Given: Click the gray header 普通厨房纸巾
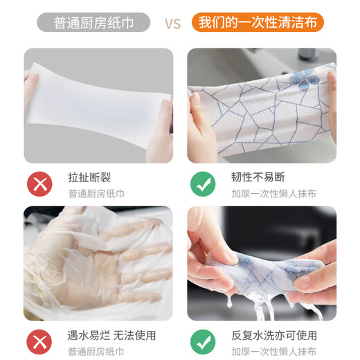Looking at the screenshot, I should [x=93, y=22].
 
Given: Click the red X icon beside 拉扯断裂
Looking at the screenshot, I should [x=39, y=184].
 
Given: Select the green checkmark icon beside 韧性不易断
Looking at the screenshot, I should [x=202, y=184].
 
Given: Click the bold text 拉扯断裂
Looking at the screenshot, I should [x=88, y=177].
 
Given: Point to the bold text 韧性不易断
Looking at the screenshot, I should [x=258, y=177].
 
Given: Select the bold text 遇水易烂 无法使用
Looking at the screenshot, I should [x=111, y=336].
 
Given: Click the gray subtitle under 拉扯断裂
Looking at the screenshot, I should [x=96, y=193].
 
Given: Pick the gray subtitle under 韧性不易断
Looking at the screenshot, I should [x=273, y=193].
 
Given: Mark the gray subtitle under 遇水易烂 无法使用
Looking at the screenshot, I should [x=96, y=352].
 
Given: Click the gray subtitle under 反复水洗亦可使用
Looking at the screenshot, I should [x=273, y=352].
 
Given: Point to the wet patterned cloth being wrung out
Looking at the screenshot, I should [x=263, y=267].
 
